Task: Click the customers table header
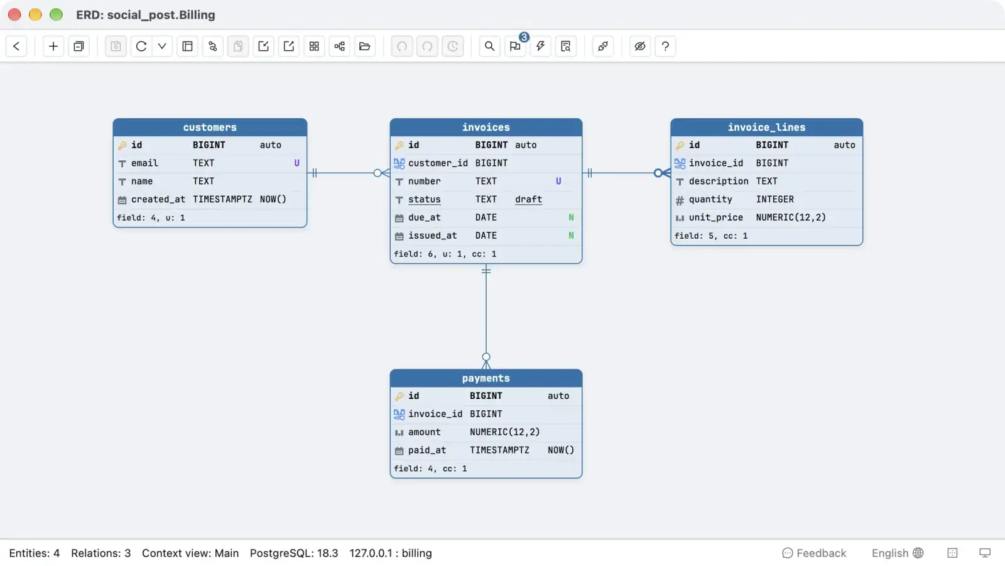coord(210,128)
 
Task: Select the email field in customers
coord(144,163)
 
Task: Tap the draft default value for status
coord(528,199)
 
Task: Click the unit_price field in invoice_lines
coord(715,217)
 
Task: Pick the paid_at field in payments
coord(426,450)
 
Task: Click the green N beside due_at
coord(571,217)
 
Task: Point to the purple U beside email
coord(296,163)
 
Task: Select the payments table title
coord(486,378)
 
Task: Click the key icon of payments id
coord(399,396)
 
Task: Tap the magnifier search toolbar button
coord(489,46)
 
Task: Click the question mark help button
coord(665,46)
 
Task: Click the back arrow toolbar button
coord(16,46)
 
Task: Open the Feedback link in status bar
coord(814,553)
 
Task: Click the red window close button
coord(14,15)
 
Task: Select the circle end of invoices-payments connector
coord(486,357)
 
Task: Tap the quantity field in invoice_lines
coord(710,199)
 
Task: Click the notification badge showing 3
coord(524,37)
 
